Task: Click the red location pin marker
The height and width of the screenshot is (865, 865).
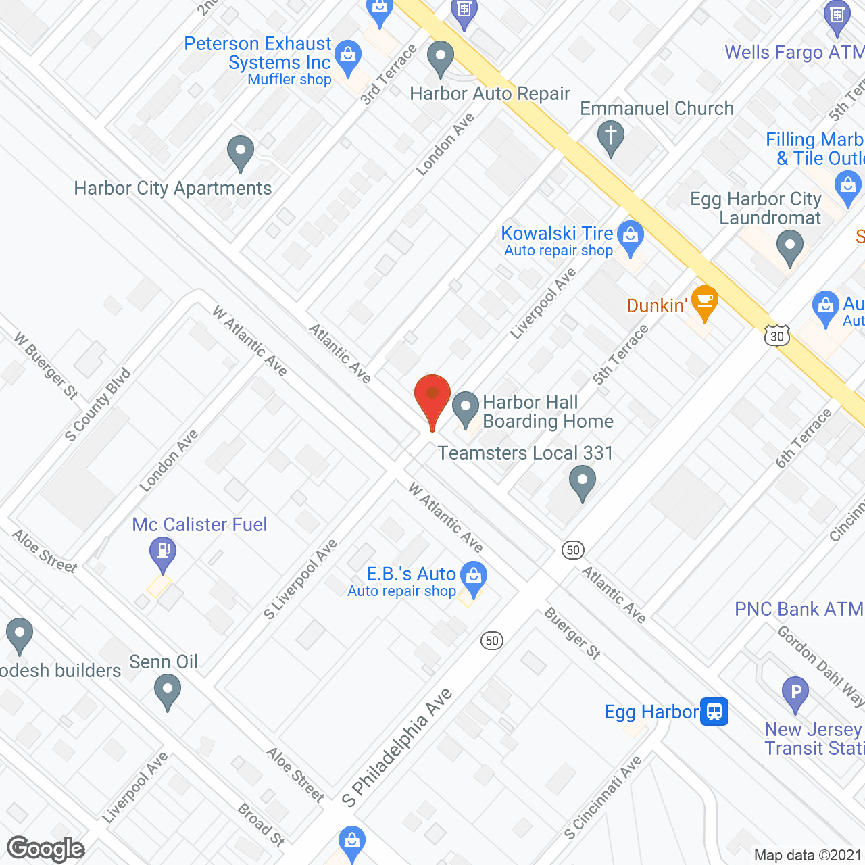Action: point(432,395)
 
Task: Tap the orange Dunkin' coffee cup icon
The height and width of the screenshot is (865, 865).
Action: point(704,301)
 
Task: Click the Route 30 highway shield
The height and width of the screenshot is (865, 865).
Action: point(777,336)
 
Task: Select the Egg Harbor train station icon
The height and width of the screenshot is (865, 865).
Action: point(714,711)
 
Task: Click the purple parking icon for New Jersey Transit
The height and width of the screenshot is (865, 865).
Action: point(795,693)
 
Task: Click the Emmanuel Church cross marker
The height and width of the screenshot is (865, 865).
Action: point(610,137)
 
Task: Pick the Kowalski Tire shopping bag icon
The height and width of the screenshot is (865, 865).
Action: point(631,237)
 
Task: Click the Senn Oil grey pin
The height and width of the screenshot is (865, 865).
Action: point(167,691)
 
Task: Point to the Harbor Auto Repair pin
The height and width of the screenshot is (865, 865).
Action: point(441,57)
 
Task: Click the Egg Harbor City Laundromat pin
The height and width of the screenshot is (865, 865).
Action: point(789,246)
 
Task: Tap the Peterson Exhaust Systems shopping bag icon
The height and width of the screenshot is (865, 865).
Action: point(348,57)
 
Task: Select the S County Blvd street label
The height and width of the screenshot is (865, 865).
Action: point(98,405)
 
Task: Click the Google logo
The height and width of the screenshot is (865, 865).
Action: point(46,849)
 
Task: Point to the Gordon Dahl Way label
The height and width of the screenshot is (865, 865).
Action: point(820,666)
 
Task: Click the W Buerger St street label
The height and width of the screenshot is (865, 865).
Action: point(46,366)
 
